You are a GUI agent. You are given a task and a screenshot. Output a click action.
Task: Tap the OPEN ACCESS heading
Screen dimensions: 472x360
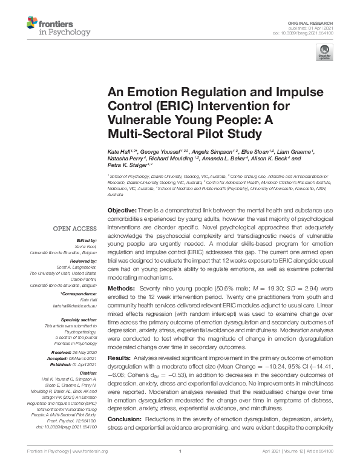pos(74,229)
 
